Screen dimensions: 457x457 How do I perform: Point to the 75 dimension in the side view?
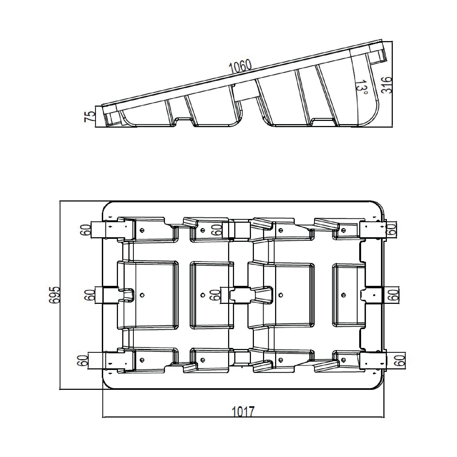pyautogui.click(x=90, y=117)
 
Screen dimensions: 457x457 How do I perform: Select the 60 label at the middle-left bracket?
pyautogui.click(x=91, y=295)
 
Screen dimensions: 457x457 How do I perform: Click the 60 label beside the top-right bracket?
pyautogui.click(x=392, y=229)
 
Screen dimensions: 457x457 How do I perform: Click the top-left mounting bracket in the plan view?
pyautogui.click(x=112, y=230)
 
